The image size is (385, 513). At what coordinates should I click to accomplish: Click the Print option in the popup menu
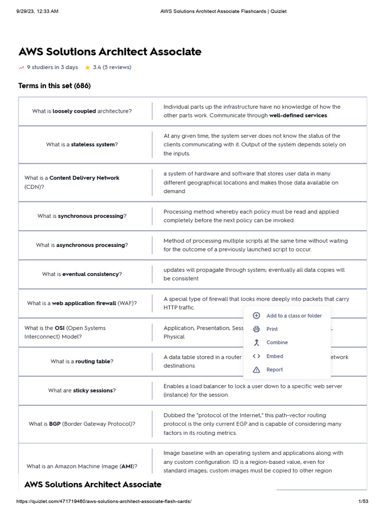[x=272, y=329]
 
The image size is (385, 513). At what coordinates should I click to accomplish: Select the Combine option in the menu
[x=277, y=343]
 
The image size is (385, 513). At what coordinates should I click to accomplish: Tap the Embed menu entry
[x=275, y=356]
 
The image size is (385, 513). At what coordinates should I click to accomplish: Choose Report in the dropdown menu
[x=274, y=370]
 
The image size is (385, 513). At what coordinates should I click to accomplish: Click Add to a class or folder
[x=294, y=316]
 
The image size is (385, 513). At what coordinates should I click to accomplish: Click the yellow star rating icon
[x=88, y=67]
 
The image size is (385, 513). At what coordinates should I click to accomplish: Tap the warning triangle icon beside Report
[x=256, y=370]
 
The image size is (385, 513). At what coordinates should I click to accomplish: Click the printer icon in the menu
[x=256, y=329]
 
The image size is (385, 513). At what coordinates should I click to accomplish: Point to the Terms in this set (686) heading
[x=54, y=86]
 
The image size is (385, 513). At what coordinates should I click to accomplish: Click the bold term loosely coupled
[x=74, y=111]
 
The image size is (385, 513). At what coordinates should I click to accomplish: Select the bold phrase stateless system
[x=93, y=145]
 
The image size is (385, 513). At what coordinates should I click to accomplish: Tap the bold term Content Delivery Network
[x=84, y=178]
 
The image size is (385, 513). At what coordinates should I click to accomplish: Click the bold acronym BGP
[x=55, y=424]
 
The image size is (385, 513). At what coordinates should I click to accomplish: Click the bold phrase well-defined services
[x=298, y=115]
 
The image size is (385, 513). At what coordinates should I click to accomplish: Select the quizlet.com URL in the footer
[x=104, y=501]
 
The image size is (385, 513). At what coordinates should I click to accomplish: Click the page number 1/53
[x=363, y=501]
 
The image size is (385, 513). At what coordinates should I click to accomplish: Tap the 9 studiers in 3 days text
[x=52, y=67]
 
